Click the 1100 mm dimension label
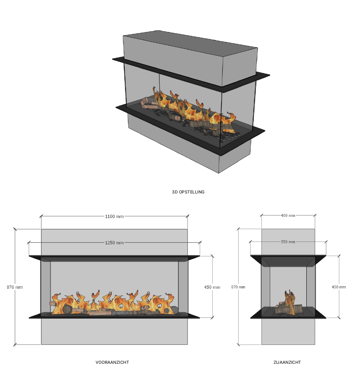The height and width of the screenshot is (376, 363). coord(114,216)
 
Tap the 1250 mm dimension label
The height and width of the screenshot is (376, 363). coord(114,243)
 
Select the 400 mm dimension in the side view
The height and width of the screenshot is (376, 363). coord(288,216)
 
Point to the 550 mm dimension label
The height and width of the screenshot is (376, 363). coord(288,242)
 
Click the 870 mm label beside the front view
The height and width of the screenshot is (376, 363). coord(15,287)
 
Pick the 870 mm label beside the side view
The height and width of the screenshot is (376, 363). coord(238,287)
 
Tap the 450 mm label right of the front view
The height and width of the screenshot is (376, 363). coord(212,287)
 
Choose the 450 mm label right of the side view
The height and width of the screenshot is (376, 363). coord(339,287)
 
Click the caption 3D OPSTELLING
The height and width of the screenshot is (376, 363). coord(188,192)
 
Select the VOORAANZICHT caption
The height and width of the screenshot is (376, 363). coord(112,362)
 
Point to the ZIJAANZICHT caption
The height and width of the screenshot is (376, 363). coord(287,362)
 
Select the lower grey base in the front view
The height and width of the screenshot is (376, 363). coord(114,331)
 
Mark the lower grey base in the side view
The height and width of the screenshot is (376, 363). coord(288,331)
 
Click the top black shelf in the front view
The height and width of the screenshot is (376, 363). coord(114,257)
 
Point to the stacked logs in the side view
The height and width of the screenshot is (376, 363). coord(288,309)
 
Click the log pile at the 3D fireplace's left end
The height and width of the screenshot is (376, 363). coord(149,103)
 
